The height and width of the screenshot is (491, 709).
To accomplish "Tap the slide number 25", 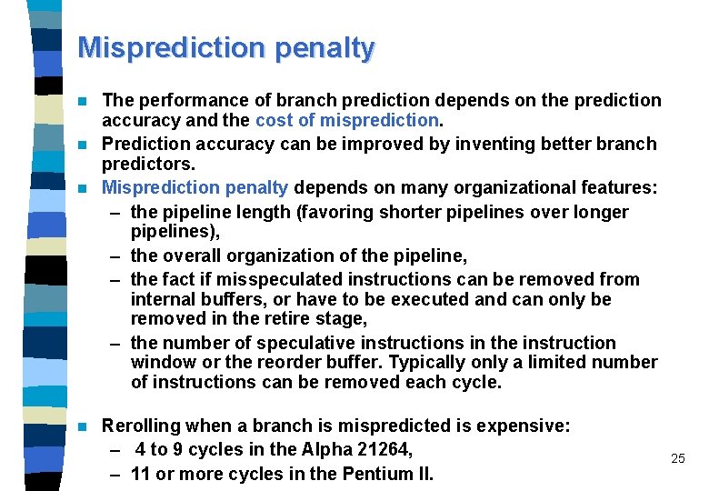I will click(677, 458).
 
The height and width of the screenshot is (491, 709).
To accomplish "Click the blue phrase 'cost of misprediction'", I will click(347, 119).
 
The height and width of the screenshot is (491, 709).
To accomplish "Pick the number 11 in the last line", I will click(141, 474).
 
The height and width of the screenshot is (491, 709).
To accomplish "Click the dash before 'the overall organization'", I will click(117, 256).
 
